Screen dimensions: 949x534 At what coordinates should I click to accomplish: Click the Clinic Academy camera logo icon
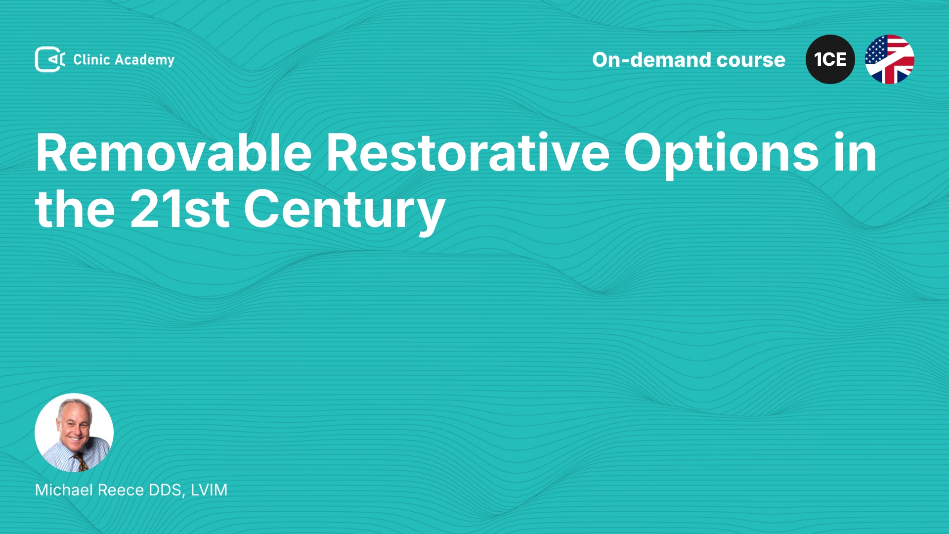tap(50, 59)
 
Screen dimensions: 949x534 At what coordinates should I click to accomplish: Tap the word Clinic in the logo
tap(91, 59)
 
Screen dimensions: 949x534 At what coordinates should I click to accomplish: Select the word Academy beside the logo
tap(144, 60)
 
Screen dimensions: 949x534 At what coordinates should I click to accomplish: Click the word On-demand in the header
tap(652, 60)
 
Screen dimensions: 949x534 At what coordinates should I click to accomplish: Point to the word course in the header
tap(751, 60)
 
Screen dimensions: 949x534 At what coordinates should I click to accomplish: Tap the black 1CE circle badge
tap(830, 59)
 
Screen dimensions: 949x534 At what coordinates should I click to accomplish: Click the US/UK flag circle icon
tap(890, 59)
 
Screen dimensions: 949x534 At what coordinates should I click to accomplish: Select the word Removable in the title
tap(173, 153)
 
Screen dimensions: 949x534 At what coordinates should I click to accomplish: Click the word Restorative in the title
tap(468, 153)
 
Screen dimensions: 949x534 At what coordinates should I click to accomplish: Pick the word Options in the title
tap(721, 155)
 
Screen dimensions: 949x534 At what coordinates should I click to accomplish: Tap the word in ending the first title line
tap(855, 153)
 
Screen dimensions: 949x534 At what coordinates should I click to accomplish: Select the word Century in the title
tap(345, 212)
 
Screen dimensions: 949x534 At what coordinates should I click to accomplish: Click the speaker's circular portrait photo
tap(74, 433)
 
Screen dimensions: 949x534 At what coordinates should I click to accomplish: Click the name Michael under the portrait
tap(64, 490)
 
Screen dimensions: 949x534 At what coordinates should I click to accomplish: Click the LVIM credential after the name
tap(209, 490)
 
